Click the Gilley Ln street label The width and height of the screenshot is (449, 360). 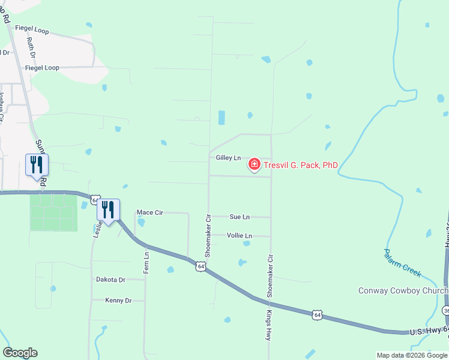(x=228, y=158)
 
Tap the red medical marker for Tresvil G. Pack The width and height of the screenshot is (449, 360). (x=254, y=164)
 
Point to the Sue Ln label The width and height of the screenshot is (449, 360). (x=240, y=217)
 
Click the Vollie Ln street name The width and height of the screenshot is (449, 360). (x=240, y=236)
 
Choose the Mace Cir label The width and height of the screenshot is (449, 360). (x=149, y=212)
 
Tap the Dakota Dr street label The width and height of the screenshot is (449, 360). (x=110, y=280)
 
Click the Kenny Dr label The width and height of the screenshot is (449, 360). (x=118, y=300)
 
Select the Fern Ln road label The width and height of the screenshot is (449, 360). (x=146, y=263)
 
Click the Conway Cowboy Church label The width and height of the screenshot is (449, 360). (x=402, y=291)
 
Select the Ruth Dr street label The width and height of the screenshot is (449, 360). (x=31, y=48)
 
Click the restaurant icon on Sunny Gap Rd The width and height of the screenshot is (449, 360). (x=37, y=164)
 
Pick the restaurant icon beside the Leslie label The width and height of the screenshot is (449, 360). (x=108, y=209)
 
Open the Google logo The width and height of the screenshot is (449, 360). (x=20, y=353)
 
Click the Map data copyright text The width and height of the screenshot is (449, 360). (x=412, y=355)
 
